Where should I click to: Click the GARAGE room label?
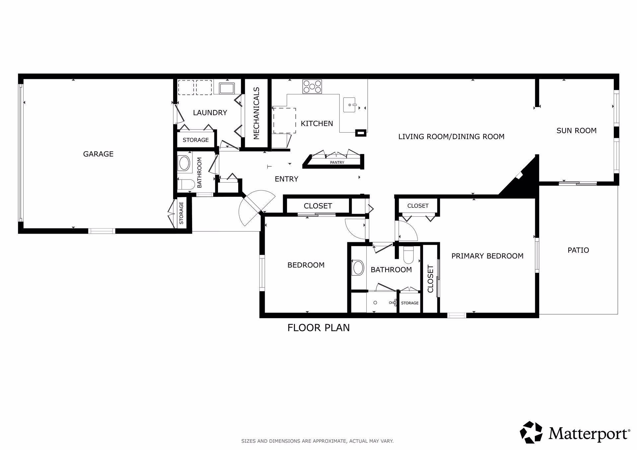[98, 154]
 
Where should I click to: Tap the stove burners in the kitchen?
[312, 87]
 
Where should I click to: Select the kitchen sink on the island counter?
[351, 105]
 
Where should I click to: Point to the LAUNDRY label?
[210, 113]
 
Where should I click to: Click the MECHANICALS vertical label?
[256, 113]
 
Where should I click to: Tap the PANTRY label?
[337, 162]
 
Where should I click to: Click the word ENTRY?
[287, 179]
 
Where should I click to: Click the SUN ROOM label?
[577, 131]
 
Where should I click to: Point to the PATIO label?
[578, 250]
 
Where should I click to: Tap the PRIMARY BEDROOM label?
[487, 256]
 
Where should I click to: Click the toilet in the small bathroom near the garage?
[186, 185]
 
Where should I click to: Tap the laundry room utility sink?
[227, 88]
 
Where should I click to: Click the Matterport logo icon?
[531, 432]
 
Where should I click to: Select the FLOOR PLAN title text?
[318, 328]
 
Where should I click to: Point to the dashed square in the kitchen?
[284, 121]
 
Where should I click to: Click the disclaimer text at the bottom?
[317, 441]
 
